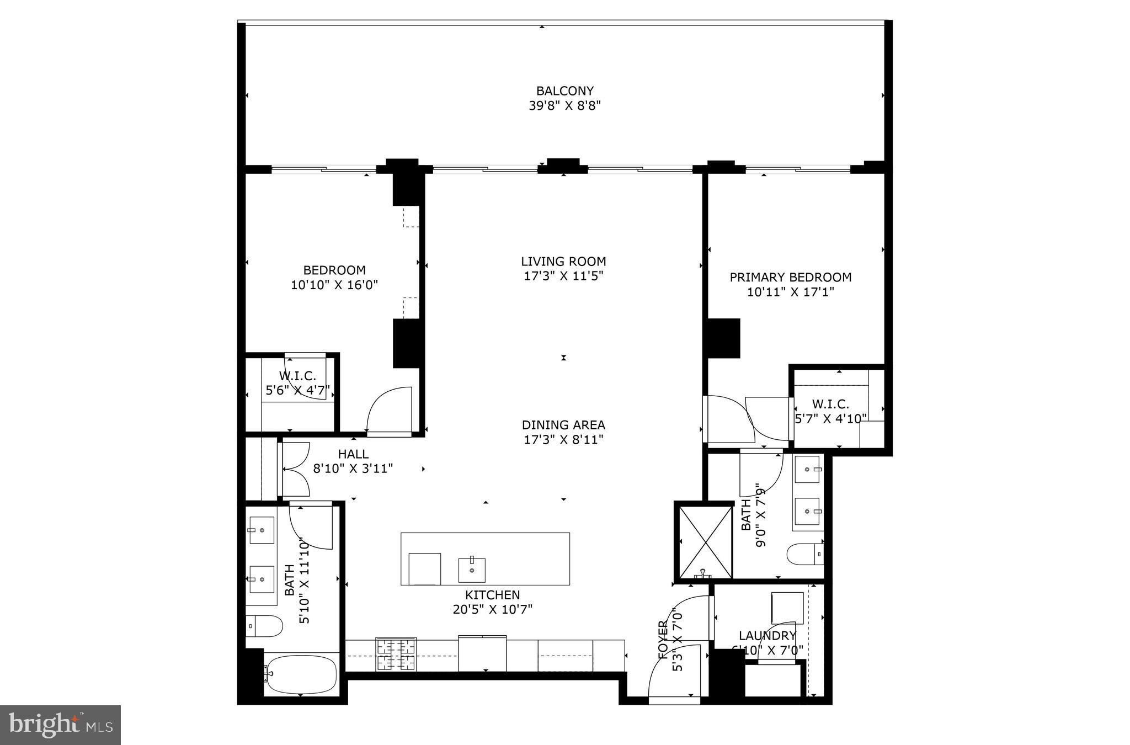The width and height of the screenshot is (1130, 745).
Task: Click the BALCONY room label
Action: [x=564, y=91]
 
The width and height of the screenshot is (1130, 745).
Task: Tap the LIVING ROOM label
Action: [x=563, y=262]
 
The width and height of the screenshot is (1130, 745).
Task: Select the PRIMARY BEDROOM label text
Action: [x=790, y=278]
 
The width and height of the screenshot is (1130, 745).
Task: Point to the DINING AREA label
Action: [x=563, y=425]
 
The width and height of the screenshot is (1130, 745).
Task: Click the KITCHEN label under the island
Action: [x=492, y=595]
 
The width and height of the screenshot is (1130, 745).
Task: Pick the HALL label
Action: [x=353, y=454]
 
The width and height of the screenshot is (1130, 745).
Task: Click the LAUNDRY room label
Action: [x=767, y=636]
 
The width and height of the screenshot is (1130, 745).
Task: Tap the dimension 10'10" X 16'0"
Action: [x=334, y=285]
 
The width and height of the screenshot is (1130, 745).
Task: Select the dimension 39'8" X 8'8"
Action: [x=564, y=106]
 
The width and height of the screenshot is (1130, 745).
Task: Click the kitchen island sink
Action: [x=472, y=570]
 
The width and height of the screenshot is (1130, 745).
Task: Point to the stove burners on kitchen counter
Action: [x=396, y=654]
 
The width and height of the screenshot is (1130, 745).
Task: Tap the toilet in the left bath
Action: [x=264, y=626]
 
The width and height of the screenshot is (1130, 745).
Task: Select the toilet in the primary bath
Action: [x=805, y=554]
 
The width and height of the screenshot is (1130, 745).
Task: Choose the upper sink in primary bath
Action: [x=807, y=470]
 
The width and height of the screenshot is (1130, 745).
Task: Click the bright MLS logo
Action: [x=60, y=725]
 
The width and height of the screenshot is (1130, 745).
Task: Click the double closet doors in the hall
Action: [x=295, y=469]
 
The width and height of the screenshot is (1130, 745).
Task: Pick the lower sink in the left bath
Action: [x=262, y=579]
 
